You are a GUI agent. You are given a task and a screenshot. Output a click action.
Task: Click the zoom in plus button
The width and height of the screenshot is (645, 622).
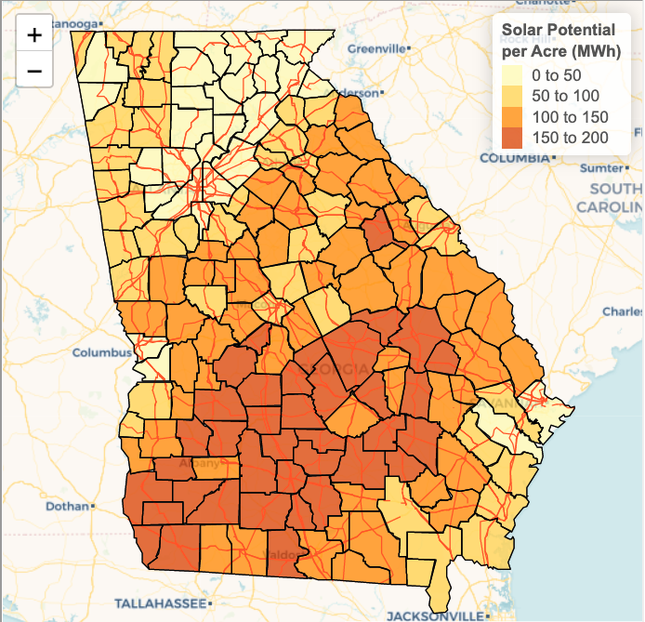34,36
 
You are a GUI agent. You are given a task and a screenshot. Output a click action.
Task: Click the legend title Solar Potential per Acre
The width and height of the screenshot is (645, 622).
561,40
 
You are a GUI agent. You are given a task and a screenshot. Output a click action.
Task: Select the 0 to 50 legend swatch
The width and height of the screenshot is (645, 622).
512,74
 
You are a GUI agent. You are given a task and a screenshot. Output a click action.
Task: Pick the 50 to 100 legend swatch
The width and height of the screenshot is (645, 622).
512,96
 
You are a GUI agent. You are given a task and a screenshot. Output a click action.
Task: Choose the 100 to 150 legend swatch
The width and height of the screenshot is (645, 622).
512,117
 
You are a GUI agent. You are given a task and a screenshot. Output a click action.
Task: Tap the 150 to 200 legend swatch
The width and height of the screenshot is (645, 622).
512,139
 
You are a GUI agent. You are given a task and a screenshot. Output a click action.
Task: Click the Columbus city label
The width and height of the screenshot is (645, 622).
102,353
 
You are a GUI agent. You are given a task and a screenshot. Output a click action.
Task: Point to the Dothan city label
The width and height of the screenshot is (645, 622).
67,507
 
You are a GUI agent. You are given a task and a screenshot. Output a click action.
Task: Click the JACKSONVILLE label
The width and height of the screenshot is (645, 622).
435,616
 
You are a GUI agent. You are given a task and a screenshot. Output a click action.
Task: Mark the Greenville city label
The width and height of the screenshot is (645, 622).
376,47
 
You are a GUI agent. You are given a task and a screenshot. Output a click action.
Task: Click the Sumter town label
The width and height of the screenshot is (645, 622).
599,168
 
